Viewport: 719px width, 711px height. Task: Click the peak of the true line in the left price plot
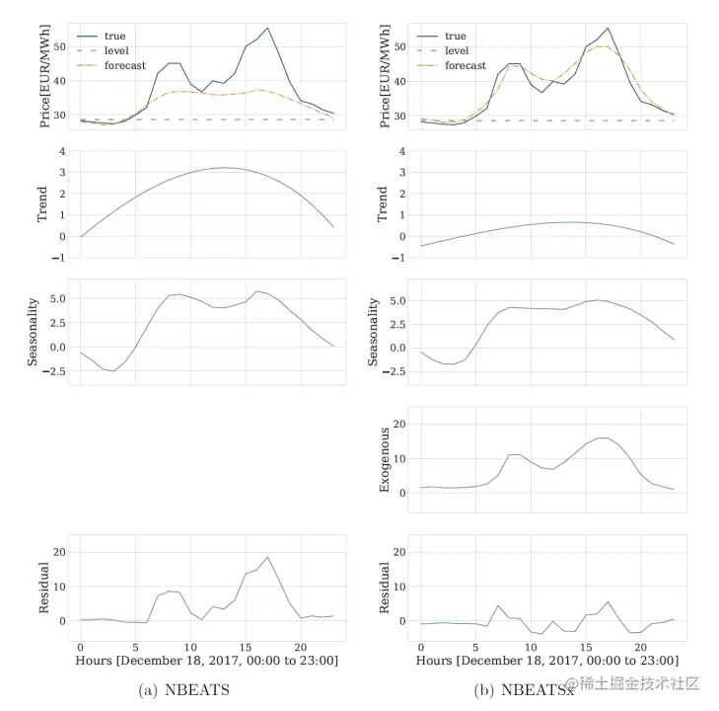coord(267,28)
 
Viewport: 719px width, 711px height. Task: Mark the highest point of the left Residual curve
coord(267,557)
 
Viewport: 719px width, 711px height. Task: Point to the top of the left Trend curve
coord(226,168)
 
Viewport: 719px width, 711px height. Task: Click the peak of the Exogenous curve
coord(604,437)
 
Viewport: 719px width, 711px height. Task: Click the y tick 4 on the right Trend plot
coord(402,151)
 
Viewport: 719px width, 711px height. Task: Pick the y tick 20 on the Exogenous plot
coord(398,425)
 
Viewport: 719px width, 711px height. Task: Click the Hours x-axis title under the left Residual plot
coord(207,659)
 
